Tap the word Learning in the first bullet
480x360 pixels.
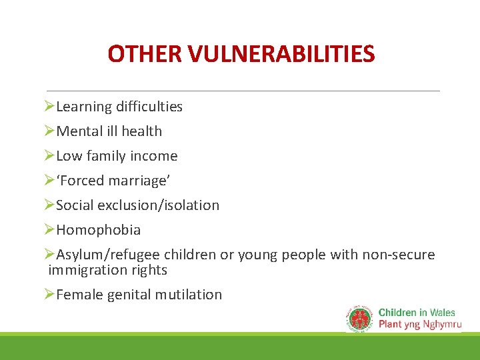click(84, 107)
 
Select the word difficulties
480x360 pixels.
click(149, 107)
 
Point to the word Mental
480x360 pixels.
click(79, 131)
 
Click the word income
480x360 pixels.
click(155, 156)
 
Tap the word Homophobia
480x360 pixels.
click(99, 230)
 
